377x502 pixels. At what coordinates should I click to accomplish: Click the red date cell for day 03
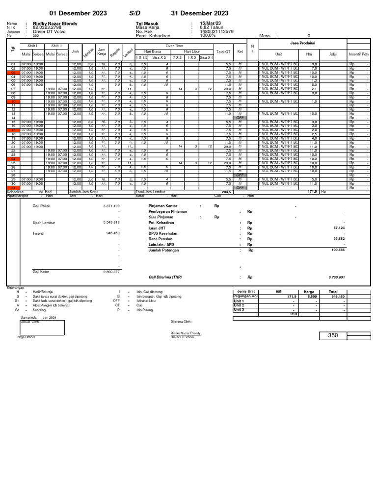(14, 73)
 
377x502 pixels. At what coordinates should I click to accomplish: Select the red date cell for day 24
(14, 159)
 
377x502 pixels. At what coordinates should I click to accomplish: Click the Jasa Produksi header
(303, 43)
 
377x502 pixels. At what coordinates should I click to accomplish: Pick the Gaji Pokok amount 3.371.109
(111, 206)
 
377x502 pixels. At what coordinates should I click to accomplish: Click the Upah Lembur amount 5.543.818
(111, 223)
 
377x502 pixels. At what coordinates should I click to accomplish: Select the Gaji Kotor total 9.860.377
(111, 271)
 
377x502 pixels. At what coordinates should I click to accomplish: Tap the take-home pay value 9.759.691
(336, 277)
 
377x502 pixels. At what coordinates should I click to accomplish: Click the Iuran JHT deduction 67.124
(339, 228)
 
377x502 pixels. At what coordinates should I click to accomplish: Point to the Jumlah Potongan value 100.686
(338, 250)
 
